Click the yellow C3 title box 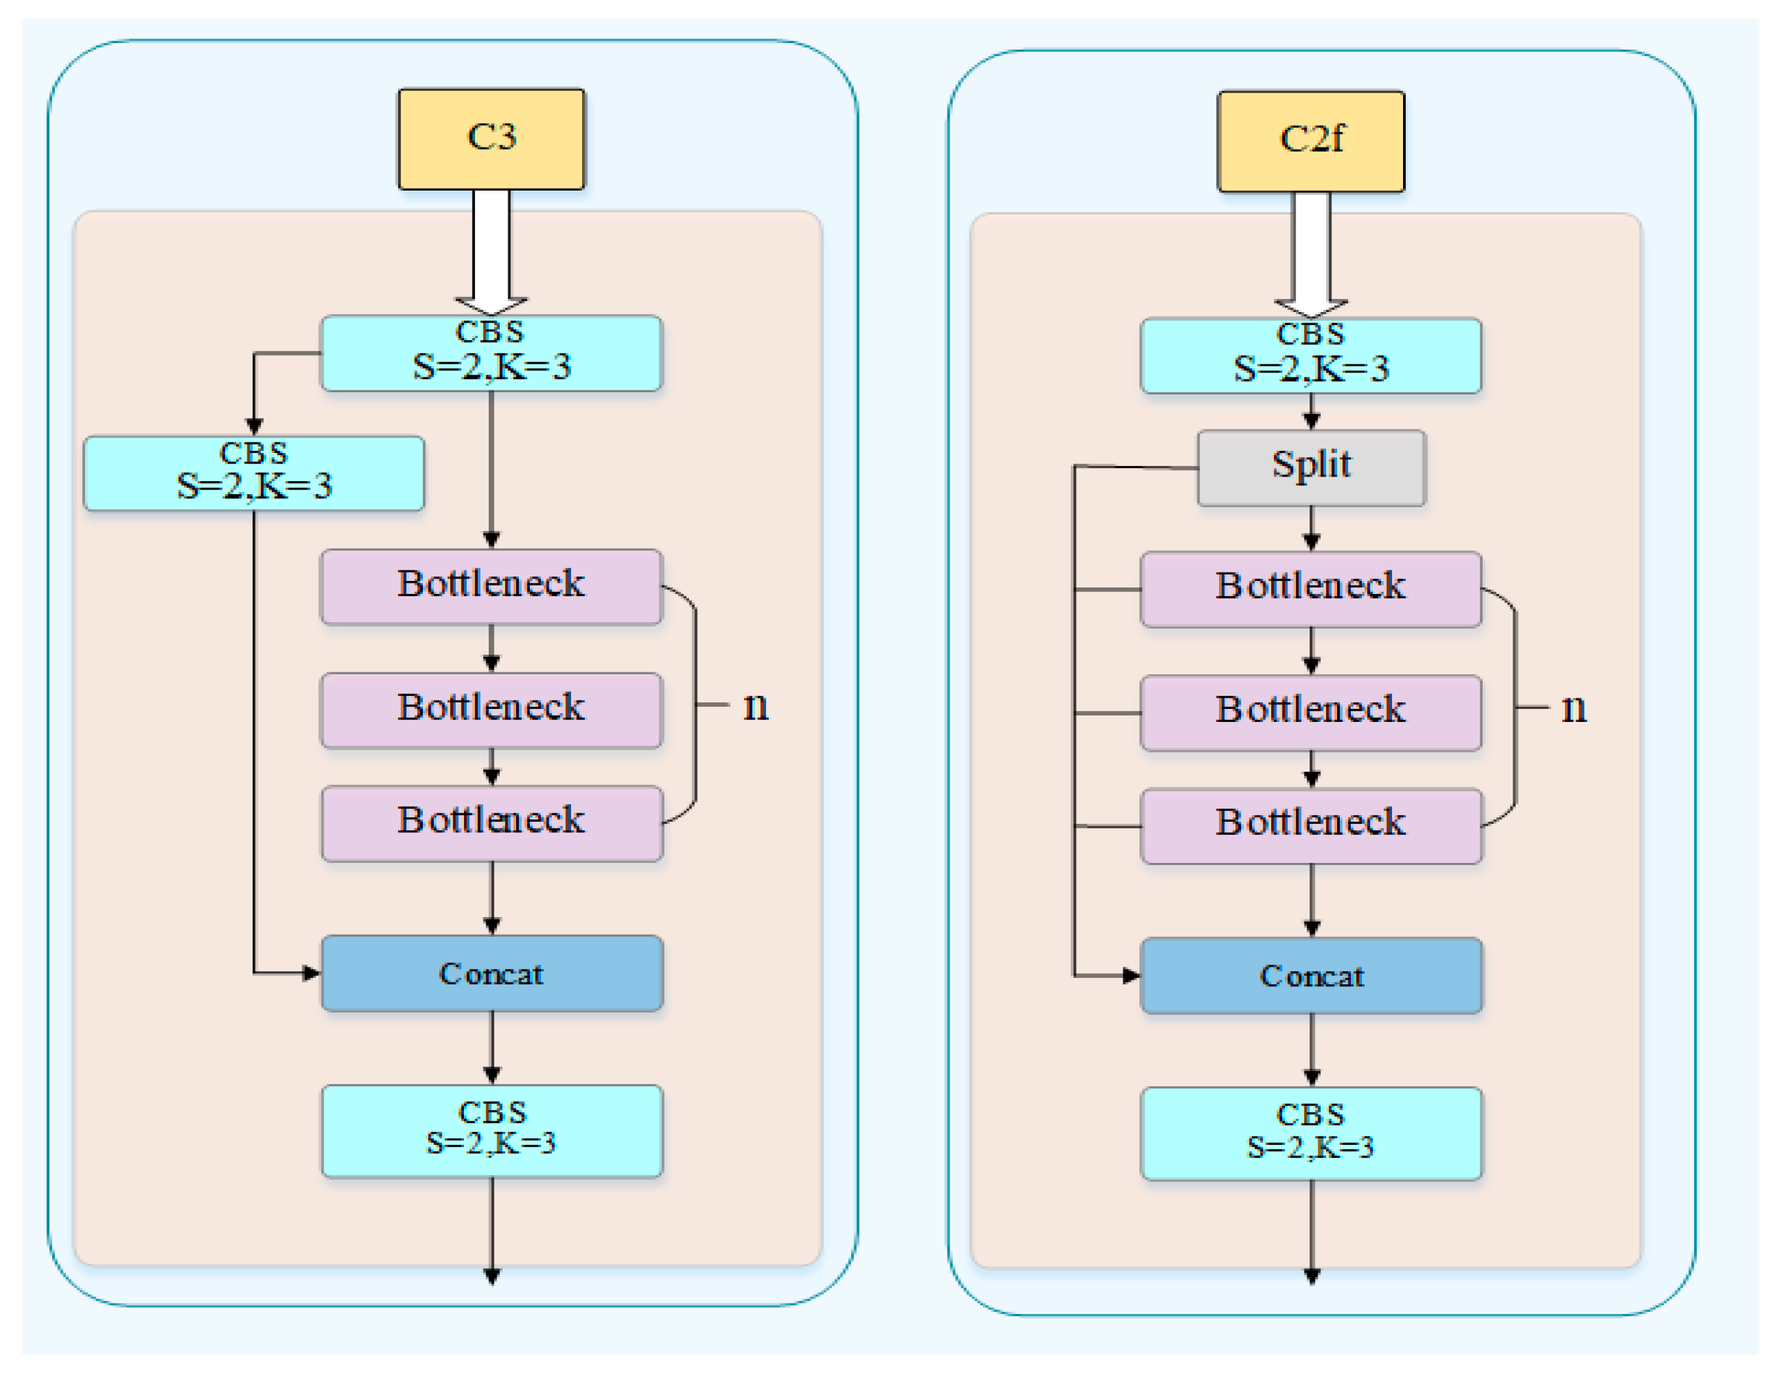point(491,139)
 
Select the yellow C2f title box point(1311,142)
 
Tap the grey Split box point(1311,468)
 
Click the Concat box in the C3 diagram point(491,973)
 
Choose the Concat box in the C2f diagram point(1311,976)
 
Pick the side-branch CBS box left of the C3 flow point(254,474)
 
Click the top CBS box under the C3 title point(491,353)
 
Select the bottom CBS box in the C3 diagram point(491,1131)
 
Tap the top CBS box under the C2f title point(1311,356)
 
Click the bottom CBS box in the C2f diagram point(1311,1134)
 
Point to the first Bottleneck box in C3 point(491,587)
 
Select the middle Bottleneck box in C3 point(491,710)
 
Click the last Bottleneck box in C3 point(491,824)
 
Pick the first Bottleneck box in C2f point(1311,589)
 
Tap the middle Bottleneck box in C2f point(1311,713)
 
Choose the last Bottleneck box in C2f point(1311,826)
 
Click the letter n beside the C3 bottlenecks point(756,707)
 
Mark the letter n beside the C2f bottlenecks point(1573,710)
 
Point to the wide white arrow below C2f point(1311,255)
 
